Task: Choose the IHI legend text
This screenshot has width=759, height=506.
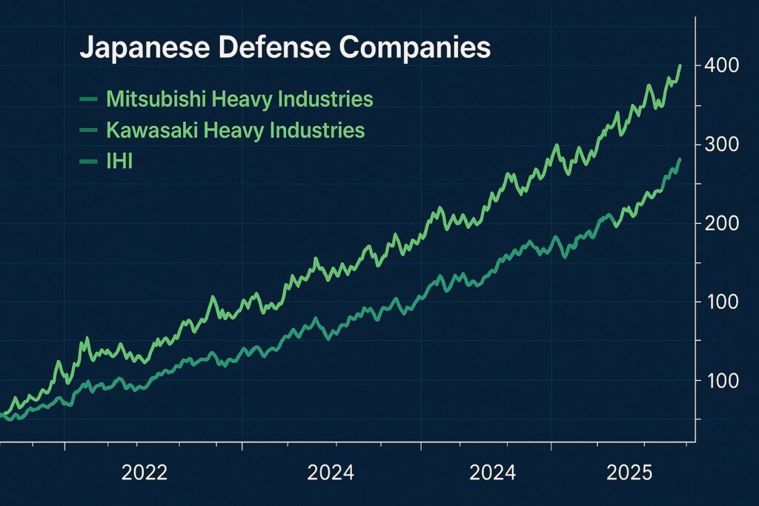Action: coord(119,162)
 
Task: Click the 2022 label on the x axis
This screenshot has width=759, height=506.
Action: coord(145,473)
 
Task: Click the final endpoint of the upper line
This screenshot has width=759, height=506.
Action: coord(680,65)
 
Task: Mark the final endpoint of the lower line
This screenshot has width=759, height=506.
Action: coord(680,159)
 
